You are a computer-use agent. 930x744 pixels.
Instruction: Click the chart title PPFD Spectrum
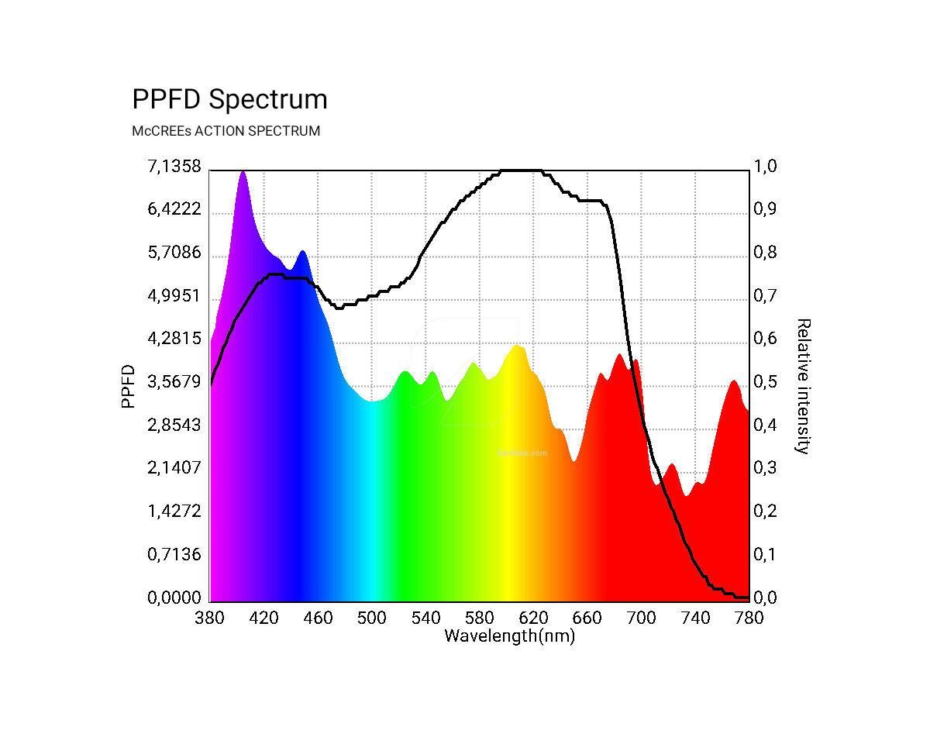229,100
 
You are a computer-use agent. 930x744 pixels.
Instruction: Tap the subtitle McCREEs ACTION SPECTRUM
226,131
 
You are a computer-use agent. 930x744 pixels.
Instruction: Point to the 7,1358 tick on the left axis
174,167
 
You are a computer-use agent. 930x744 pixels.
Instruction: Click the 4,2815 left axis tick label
174,339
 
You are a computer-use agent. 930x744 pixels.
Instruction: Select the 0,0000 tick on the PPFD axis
174,598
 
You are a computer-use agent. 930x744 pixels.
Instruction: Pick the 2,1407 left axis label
174,468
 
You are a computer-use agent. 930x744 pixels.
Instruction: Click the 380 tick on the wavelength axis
210,618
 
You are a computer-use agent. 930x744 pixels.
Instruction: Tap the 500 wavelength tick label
372,618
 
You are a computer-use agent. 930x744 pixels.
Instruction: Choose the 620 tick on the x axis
533,618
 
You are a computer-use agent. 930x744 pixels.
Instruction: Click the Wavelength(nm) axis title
509,636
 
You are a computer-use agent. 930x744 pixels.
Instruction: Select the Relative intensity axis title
804,385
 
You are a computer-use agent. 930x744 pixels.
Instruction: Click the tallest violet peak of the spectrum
243,173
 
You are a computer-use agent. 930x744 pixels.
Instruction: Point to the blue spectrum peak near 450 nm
302,252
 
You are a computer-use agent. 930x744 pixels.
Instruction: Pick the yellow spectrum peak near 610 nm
517,346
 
